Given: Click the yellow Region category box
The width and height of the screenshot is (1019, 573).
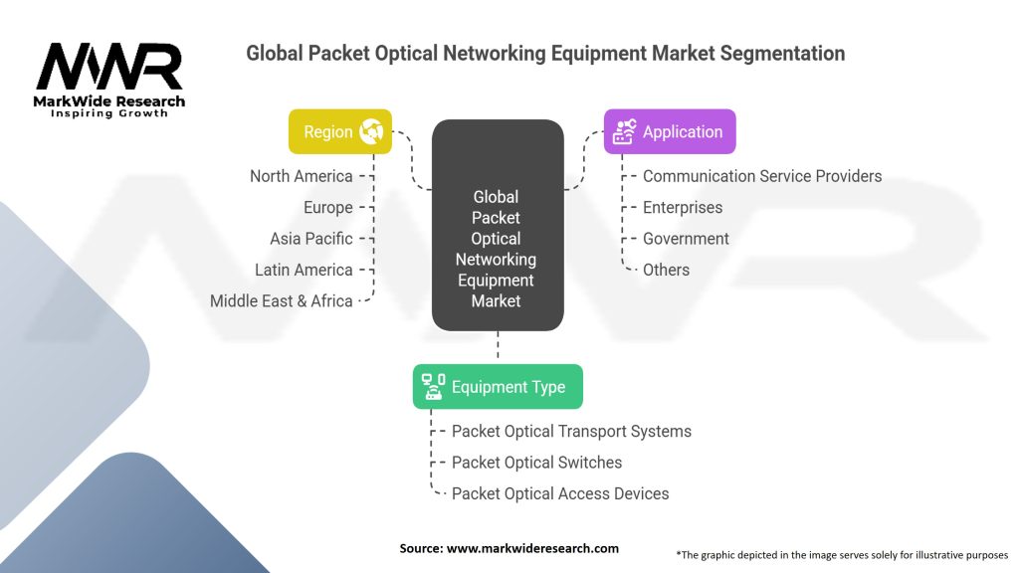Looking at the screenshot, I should click(x=339, y=131).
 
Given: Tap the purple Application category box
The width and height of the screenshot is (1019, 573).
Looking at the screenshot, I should click(x=670, y=131).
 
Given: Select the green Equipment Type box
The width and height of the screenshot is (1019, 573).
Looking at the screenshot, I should click(x=498, y=387).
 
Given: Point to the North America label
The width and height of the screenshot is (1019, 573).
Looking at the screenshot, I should click(x=302, y=176).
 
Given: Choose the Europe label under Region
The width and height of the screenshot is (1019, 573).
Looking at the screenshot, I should click(x=328, y=207).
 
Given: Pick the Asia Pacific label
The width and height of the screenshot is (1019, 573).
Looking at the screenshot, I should click(x=311, y=239).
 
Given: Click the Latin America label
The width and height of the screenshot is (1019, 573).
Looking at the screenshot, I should click(x=304, y=270).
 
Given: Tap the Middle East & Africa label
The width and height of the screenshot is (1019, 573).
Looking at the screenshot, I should click(x=282, y=300).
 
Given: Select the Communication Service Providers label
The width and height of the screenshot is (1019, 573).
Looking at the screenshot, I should click(x=762, y=176).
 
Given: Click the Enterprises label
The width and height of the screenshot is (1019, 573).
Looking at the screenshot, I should click(x=683, y=207).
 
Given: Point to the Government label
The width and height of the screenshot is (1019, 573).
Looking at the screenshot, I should click(x=686, y=239).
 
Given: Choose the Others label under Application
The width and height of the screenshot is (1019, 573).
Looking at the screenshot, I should click(x=666, y=270).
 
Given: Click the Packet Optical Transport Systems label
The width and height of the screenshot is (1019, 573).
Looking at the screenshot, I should click(x=571, y=431).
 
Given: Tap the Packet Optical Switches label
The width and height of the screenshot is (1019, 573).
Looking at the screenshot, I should click(x=536, y=463).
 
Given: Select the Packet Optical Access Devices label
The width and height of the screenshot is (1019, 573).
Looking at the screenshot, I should click(x=560, y=493).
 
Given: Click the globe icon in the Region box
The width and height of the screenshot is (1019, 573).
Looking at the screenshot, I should click(x=372, y=131).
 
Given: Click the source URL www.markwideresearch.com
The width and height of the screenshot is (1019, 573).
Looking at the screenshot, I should click(x=532, y=548).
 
